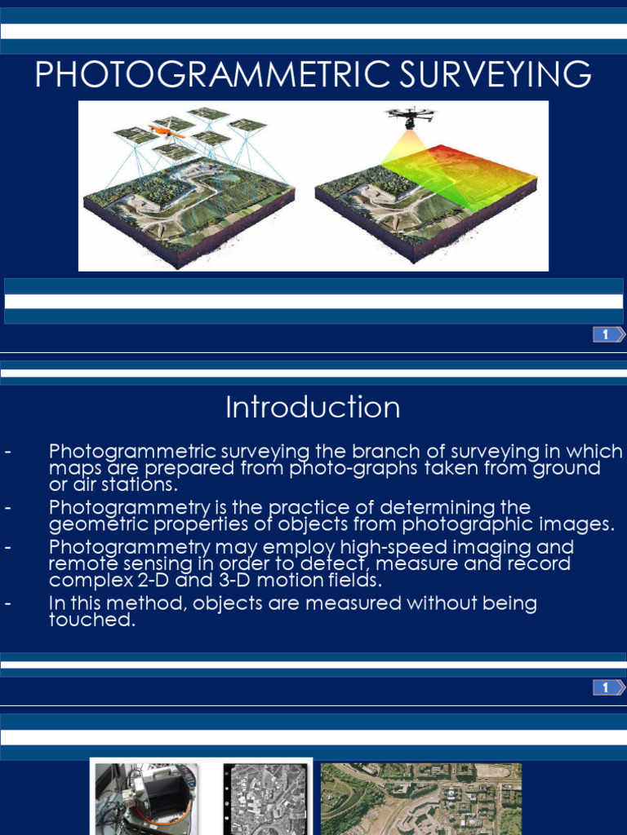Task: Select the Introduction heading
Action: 313,408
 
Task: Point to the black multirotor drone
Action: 411,116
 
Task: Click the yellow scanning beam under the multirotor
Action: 408,151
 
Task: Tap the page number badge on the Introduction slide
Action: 607,688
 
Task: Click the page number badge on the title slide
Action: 607,334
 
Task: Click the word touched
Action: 90,621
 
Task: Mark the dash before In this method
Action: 7,605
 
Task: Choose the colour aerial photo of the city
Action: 421,800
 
